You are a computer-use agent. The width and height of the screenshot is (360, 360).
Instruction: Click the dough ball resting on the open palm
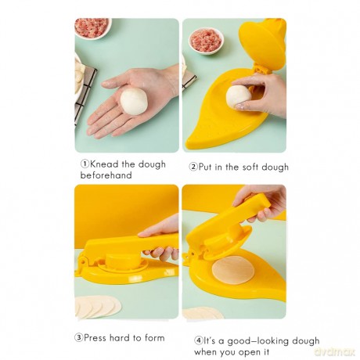(x=134, y=101)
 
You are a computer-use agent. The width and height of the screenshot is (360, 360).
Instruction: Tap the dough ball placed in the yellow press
(x=239, y=95)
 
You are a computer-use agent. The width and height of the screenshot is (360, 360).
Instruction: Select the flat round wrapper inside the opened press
(x=233, y=270)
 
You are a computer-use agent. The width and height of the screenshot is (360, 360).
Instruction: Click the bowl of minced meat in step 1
(x=93, y=27)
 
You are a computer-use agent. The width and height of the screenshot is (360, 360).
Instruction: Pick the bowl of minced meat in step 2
(x=206, y=41)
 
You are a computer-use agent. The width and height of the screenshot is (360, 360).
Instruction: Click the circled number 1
(x=85, y=164)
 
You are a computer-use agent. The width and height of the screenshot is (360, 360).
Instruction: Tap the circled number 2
(x=193, y=167)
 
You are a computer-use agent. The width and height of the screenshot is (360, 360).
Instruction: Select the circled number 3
(x=78, y=338)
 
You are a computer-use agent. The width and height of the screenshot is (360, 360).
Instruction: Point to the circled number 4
(x=199, y=340)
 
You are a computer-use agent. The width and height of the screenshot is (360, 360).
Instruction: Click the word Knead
(x=104, y=164)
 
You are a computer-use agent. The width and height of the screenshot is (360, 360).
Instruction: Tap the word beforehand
(x=106, y=175)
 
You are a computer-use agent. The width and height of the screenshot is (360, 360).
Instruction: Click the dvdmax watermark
(x=335, y=351)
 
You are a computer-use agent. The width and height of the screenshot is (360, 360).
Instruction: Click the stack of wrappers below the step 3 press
(x=99, y=307)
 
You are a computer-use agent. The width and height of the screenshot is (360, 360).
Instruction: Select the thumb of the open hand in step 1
(x=116, y=81)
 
